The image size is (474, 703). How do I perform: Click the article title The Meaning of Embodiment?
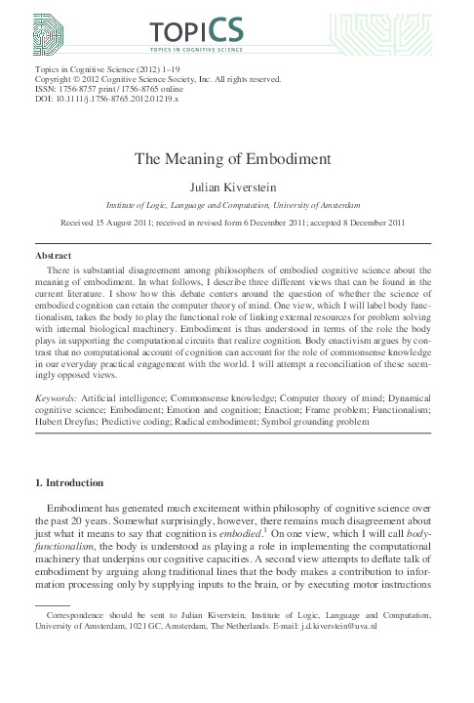pyautogui.click(x=237, y=161)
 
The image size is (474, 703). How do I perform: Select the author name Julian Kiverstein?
pyautogui.click(x=237, y=186)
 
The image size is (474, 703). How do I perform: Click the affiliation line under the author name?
pyautogui.click(x=237, y=206)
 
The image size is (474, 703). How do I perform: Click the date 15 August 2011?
pyautogui.click(x=136, y=223)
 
